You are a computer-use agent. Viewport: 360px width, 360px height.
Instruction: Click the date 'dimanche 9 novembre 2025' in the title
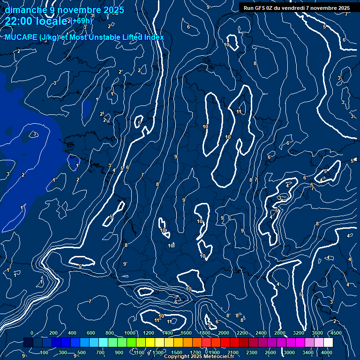point(64,10)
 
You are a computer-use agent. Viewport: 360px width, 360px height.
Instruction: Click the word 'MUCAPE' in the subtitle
point(21,37)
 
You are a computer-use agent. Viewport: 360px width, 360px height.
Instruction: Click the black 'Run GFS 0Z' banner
point(297,8)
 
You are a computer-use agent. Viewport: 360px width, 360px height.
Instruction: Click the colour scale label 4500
point(336,333)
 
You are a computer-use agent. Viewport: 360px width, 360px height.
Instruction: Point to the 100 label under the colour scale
point(45,352)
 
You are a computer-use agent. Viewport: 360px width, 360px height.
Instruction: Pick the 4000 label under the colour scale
point(327,352)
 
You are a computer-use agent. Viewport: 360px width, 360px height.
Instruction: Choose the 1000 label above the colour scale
point(130,333)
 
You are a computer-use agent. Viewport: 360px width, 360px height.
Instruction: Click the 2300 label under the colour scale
point(252,352)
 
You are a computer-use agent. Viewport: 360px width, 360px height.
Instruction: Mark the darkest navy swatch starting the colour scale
point(28,343)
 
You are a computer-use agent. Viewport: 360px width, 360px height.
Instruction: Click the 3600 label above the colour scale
point(317,333)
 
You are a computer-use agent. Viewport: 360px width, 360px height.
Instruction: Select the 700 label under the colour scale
point(100,352)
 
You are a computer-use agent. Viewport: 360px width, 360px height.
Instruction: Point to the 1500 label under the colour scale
point(177,352)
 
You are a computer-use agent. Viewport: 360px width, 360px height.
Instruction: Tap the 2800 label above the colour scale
point(280,333)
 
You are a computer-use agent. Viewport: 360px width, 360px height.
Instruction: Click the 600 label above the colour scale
point(91,333)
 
